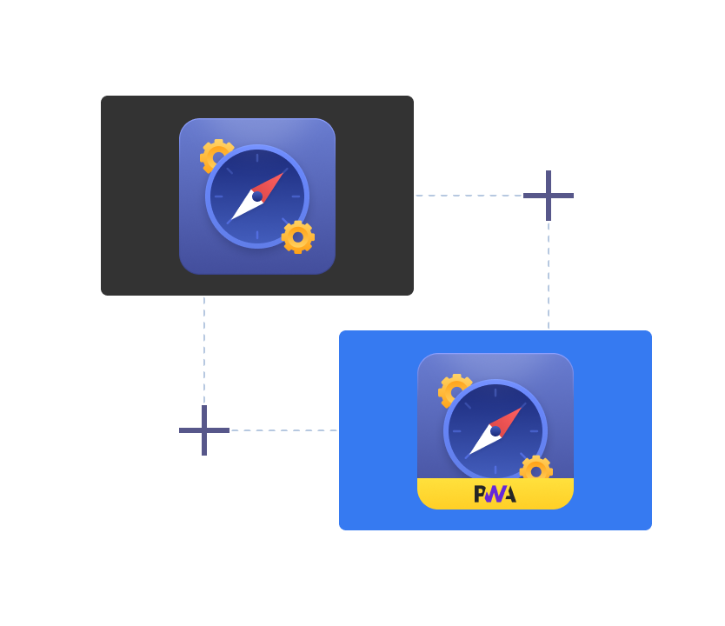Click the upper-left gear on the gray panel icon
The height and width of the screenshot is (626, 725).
214,155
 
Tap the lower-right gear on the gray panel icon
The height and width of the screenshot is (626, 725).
298,237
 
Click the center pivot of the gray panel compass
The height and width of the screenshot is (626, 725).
257,196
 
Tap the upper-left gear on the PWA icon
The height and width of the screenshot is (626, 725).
452,389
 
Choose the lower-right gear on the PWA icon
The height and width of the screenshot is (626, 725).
536,470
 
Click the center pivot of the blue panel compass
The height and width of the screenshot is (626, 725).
496,431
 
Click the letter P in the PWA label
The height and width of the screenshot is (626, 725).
481,494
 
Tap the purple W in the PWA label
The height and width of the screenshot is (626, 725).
494,494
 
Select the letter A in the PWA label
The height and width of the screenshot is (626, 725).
509,494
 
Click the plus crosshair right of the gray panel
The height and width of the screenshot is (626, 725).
549,196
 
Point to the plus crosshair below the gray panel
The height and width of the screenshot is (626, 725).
204,430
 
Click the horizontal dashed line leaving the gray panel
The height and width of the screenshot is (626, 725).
469,196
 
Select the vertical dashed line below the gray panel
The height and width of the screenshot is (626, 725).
204,348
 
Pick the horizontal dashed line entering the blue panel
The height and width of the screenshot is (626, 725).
283,430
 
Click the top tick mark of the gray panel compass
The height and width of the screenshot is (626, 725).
257,157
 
